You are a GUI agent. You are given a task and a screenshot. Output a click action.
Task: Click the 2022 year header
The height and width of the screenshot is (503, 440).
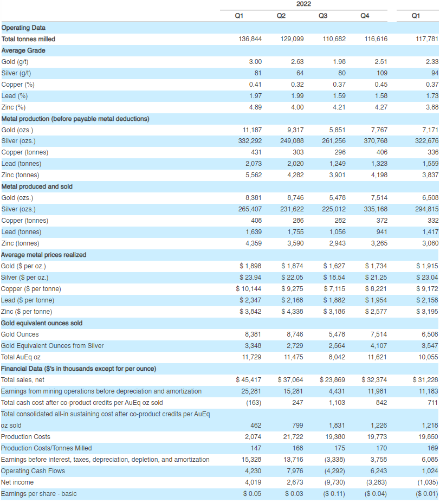click(303, 4)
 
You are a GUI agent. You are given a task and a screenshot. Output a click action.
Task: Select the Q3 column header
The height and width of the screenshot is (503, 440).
click(323, 16)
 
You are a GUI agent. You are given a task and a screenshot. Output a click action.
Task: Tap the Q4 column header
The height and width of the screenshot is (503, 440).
click(365, 16)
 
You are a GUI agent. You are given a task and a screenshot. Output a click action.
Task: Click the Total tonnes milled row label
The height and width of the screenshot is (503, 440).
click(28, 39)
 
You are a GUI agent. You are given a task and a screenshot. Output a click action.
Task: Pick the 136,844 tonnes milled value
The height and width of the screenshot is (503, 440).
click(250, 39)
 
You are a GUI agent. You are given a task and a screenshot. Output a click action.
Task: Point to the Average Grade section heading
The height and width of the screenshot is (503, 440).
click(23, 50)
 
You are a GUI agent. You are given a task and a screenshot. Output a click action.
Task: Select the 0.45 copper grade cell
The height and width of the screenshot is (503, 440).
click(381, 85)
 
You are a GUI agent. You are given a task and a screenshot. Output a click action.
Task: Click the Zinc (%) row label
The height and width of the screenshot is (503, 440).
click(13, 107)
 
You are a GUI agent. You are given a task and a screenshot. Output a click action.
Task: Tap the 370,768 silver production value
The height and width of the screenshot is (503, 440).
click(376, 141)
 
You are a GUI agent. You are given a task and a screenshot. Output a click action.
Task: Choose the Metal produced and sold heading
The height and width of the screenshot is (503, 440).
click(37, 186)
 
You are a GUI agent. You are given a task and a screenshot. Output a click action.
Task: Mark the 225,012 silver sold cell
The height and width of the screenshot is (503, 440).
click(334, 209)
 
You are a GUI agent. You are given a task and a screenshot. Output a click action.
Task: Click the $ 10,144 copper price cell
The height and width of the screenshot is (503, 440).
click(249, 289)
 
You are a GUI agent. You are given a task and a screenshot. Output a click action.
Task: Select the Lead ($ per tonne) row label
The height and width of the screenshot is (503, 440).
click(28, 300)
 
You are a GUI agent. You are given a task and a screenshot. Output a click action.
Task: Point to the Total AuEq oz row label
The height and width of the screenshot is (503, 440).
click(21, 357)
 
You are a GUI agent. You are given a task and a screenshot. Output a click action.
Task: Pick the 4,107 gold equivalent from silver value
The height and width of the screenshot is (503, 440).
click(379, 345)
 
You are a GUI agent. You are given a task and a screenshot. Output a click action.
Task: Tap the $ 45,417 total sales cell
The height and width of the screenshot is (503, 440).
click(249, 380)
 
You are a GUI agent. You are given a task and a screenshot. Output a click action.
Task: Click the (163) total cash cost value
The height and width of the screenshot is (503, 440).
click(254, 403)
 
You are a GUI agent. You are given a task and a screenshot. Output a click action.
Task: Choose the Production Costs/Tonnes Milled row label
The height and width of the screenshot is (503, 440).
click(46, 448)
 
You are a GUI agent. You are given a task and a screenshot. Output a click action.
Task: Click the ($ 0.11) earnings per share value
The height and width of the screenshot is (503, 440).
click(334, 494)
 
